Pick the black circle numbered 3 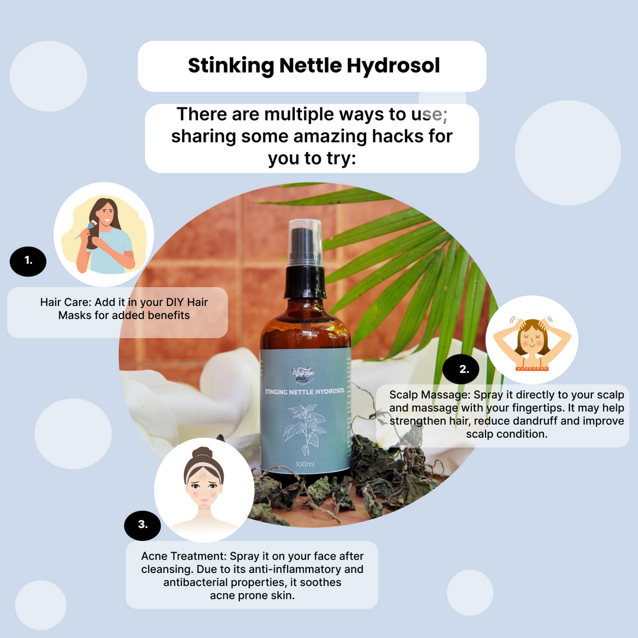[142, 525]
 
